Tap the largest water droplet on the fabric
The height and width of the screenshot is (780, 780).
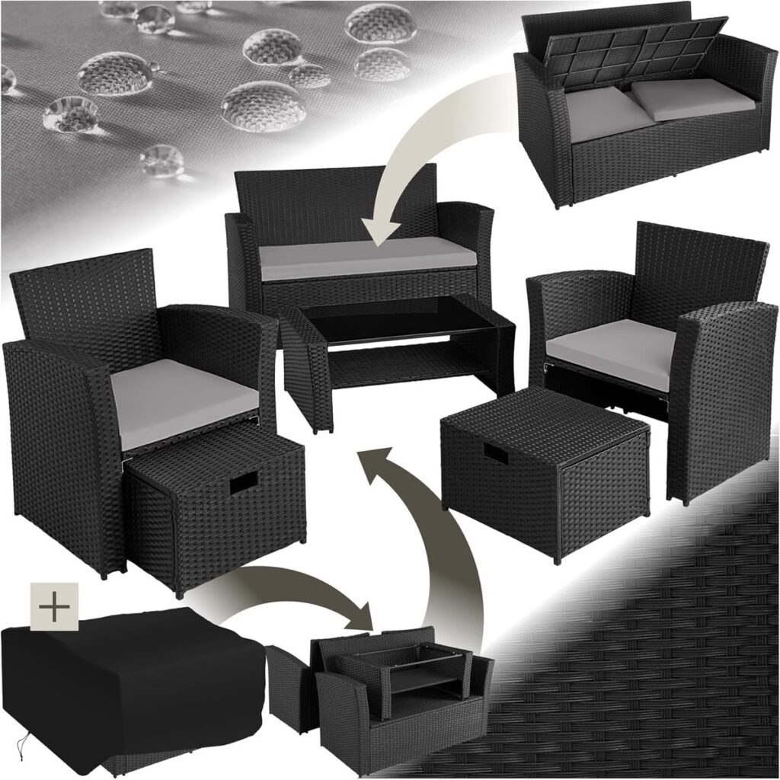click(x=263, y=105)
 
